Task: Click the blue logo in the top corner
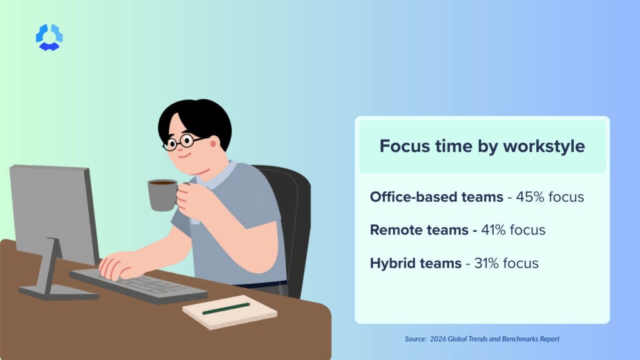point(49,37)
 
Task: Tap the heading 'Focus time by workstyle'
point(482,146)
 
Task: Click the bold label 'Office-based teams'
point(436,197)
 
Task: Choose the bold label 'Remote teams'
point(419,230)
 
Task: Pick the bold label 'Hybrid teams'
point(416,263)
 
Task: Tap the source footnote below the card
point(481,339)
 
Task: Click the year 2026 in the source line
point(440,339)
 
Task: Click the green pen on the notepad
point(226,308)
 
